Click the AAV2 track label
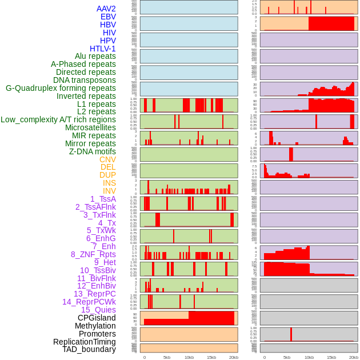(x=106, y=9)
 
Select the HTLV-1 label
(x=102, y=49)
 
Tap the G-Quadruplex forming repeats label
(x=61, y=88)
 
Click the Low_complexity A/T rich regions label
(x=58, y=119)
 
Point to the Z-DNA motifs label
(x=92, y=151)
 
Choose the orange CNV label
(x=107, y=159)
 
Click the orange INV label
(x=109, y=191)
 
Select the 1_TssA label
(x=103, y=199)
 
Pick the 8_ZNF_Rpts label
(x=93, y=254)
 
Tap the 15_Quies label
(x=98, y=310)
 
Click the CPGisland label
(x=97, y=318)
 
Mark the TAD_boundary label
(x=89, y=349)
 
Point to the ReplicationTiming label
(x=85, y=342)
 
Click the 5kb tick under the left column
(x=167, y=357)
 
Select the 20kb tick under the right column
(x=354, y=357)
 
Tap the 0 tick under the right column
(x=264, y=357)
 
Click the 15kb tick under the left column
(x=211, y=357)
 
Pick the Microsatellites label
(x=90, y=127)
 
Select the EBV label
(x=108, y=17)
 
